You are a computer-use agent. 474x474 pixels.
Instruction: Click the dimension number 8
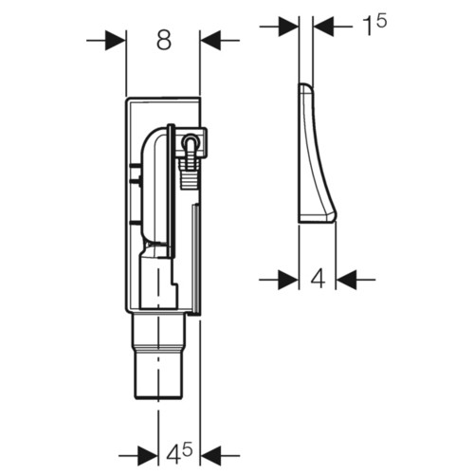(x=164, y=41)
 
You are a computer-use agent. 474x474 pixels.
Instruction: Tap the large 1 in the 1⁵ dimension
(x=368, y=27)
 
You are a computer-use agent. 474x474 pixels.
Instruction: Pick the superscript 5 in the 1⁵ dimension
(x=381, y=21)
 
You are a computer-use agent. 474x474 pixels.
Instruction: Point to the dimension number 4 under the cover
(x=318, y=279)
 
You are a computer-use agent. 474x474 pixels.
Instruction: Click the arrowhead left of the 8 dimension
(x=116, y=41)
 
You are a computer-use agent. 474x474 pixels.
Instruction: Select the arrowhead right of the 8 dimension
(x=210, y=41)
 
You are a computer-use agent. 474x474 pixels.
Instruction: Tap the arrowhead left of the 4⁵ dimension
(x=148, y=456)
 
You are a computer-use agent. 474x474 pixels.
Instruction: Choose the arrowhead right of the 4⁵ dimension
(x=210, y=456)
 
